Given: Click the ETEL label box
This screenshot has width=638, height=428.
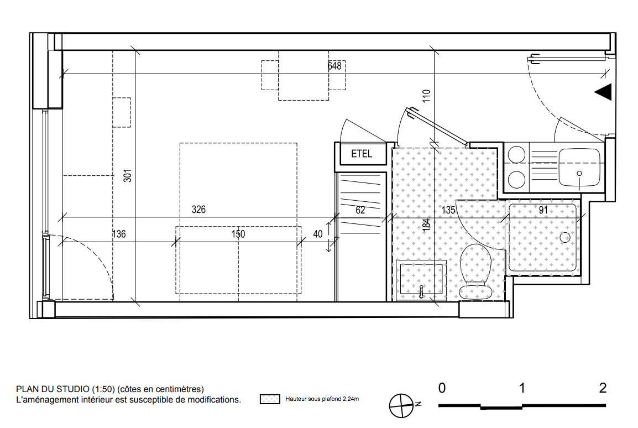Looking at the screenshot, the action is tap(363, 154).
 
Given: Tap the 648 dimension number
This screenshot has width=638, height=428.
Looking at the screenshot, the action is tap(334, 66).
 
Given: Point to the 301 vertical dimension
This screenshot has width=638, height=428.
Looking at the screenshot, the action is tap(127, 176).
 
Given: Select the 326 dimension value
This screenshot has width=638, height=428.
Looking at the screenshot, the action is tap(198, 210).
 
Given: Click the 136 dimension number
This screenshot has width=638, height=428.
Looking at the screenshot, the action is tap(119, 234).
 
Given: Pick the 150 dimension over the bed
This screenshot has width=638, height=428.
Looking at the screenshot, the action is tap(238, 234).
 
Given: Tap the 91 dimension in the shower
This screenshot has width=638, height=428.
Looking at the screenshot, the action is tap(543, 210).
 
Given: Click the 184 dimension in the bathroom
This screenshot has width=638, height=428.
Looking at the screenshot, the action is tap(426, 225).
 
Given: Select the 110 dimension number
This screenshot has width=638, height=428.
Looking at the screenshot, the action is tap(426, 96).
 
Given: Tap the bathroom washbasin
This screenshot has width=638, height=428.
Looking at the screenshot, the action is tap(421, 279).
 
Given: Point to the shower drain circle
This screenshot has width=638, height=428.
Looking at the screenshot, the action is tap(565, 237).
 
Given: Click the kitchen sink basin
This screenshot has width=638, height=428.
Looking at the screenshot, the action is tap(579, 168).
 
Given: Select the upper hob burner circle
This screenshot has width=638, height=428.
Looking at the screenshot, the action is tap(516, 155).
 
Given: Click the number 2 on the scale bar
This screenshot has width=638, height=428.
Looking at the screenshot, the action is tap(603, 388).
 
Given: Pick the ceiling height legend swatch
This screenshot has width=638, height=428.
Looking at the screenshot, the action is tap(270, 399).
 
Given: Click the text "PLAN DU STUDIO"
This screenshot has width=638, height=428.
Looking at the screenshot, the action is tap(53, 389).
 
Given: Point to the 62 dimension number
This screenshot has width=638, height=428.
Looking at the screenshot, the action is tap(360, 210).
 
